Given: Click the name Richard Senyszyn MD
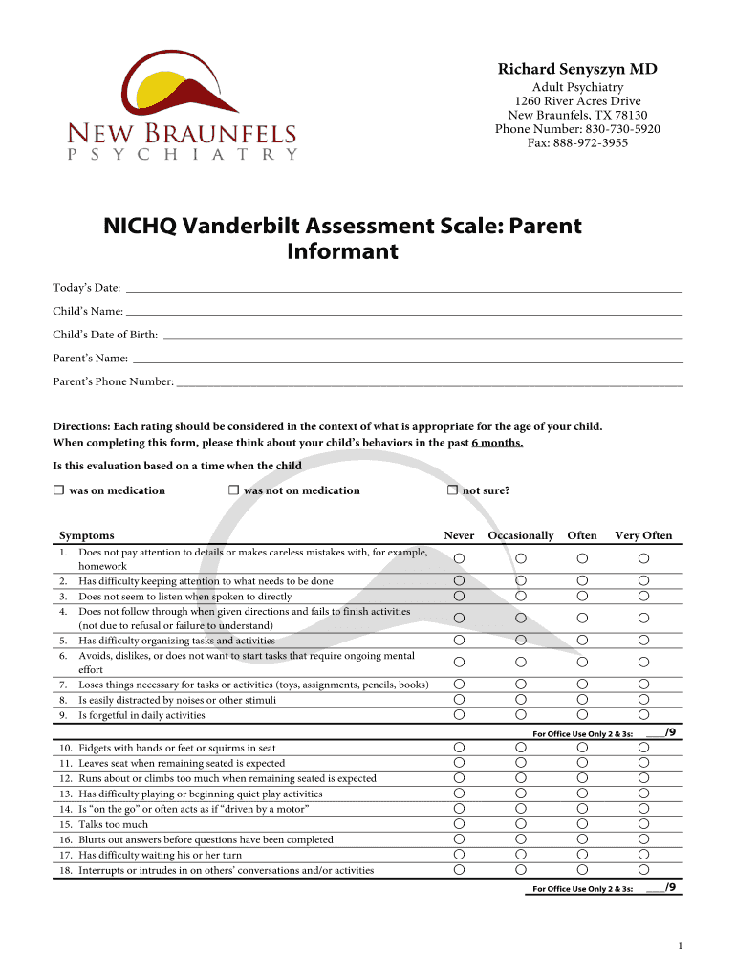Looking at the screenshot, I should point(576,69).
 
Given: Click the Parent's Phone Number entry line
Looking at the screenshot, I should point(429,382).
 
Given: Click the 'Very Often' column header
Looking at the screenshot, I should point(643,535).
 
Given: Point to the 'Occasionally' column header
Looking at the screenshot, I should point(520,535).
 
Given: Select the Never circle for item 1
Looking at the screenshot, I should point(459,557).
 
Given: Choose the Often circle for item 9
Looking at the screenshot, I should point(582,714).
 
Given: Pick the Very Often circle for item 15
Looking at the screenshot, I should point(643,824).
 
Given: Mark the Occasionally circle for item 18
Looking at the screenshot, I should point(520,870).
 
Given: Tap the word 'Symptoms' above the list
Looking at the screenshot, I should point(86,535).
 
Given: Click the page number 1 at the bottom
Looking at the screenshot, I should point(679,946).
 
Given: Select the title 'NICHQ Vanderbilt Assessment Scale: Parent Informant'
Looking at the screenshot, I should point(342,239).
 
